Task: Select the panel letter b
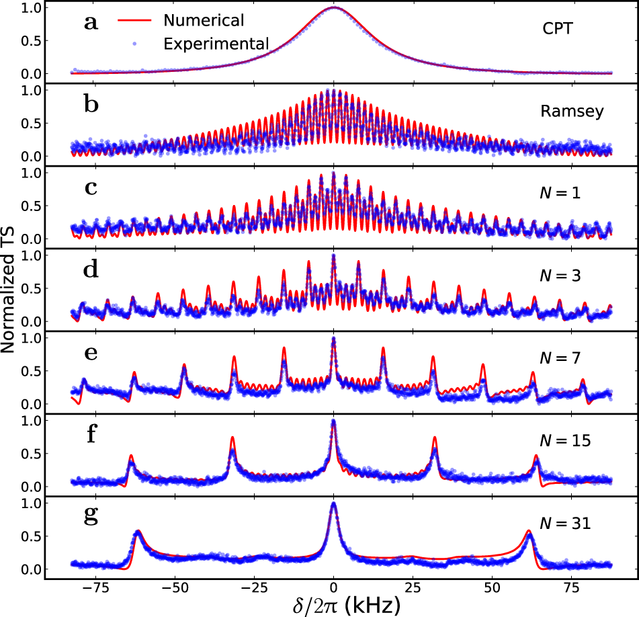[91, 106]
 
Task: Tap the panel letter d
[91, 271]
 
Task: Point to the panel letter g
[91, 517]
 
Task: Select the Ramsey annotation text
[572, 112]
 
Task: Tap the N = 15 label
[566, 441]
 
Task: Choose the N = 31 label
[566, 523]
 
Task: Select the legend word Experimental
[216, 44]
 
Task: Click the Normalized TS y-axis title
[9, 288]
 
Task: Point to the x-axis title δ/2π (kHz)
[334, 604]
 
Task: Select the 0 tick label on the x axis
[334, 585]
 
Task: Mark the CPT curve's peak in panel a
[334, 7]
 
